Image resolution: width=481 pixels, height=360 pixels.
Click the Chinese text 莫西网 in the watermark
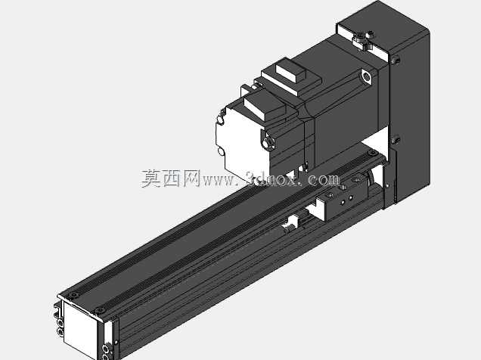(x=171, y=178)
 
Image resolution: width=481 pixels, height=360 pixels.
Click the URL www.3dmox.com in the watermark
(x=272, y=179)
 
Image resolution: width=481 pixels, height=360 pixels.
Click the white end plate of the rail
(x=80, y=329)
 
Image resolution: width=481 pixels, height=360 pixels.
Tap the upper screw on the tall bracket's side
(x=396, y=59)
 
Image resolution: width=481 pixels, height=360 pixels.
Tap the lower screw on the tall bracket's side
(x=396, y=139)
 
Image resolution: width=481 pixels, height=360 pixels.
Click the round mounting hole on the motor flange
(x=366, y=76)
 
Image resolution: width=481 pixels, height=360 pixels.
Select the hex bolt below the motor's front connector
(x=268, y=142)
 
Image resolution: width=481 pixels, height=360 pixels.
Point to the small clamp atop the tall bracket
(x=363, y=40)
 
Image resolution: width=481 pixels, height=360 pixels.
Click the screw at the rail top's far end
(x=373, y=153)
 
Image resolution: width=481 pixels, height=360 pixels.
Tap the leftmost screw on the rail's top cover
(x=73, y=295)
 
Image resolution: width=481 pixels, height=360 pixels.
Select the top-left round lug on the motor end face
(x=220, y=120)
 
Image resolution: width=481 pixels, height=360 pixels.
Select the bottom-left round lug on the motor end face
(x=220, y=151)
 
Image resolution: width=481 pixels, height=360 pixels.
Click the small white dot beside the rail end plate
(x=116, y=342)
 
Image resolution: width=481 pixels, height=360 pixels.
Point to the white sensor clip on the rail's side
(x=291, y=223)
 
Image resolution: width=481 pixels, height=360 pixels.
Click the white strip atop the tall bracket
(x=362, y=39)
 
